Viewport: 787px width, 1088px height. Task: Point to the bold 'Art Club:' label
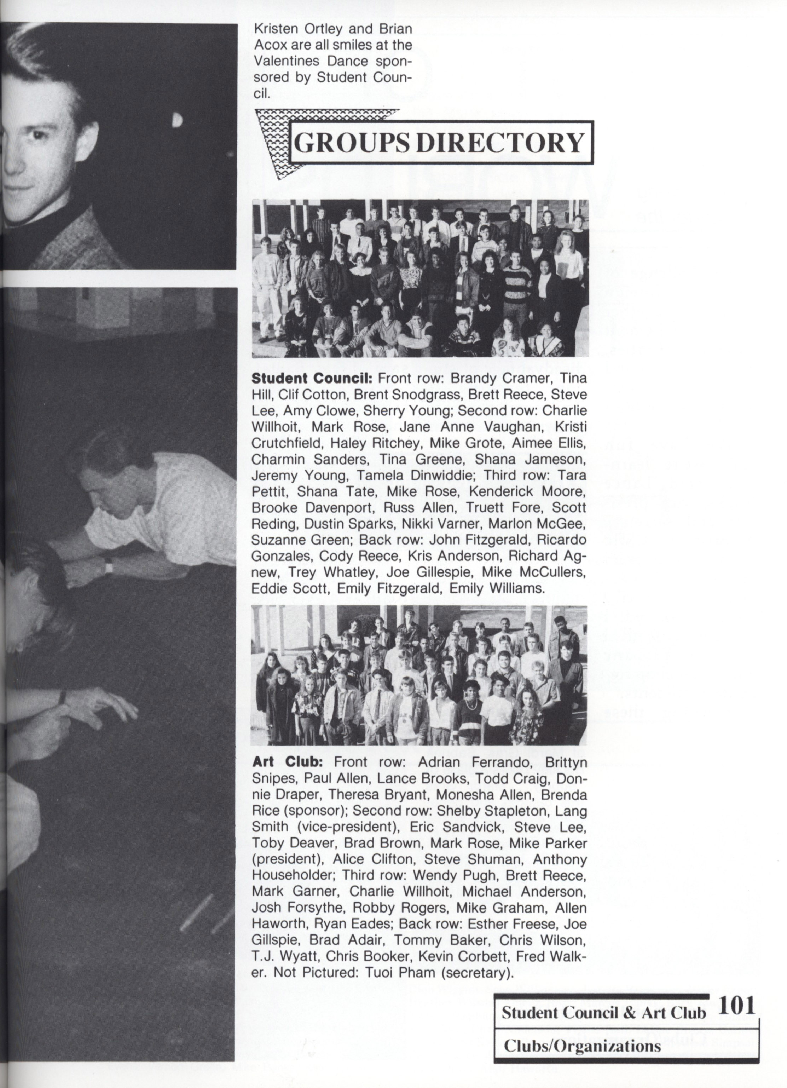pyautogui.click(x=287, y=762)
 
